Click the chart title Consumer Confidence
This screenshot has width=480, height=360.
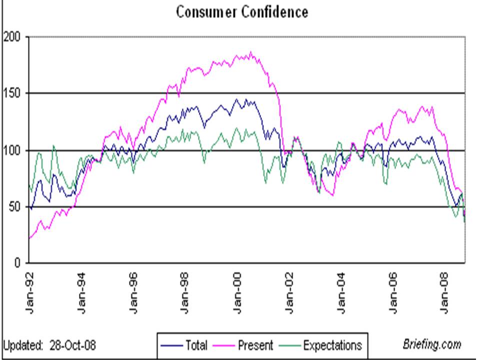[241, 12]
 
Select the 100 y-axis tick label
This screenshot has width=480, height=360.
[12, 150]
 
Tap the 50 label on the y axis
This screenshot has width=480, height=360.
[15, 207]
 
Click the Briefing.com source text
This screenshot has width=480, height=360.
[431, 344]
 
